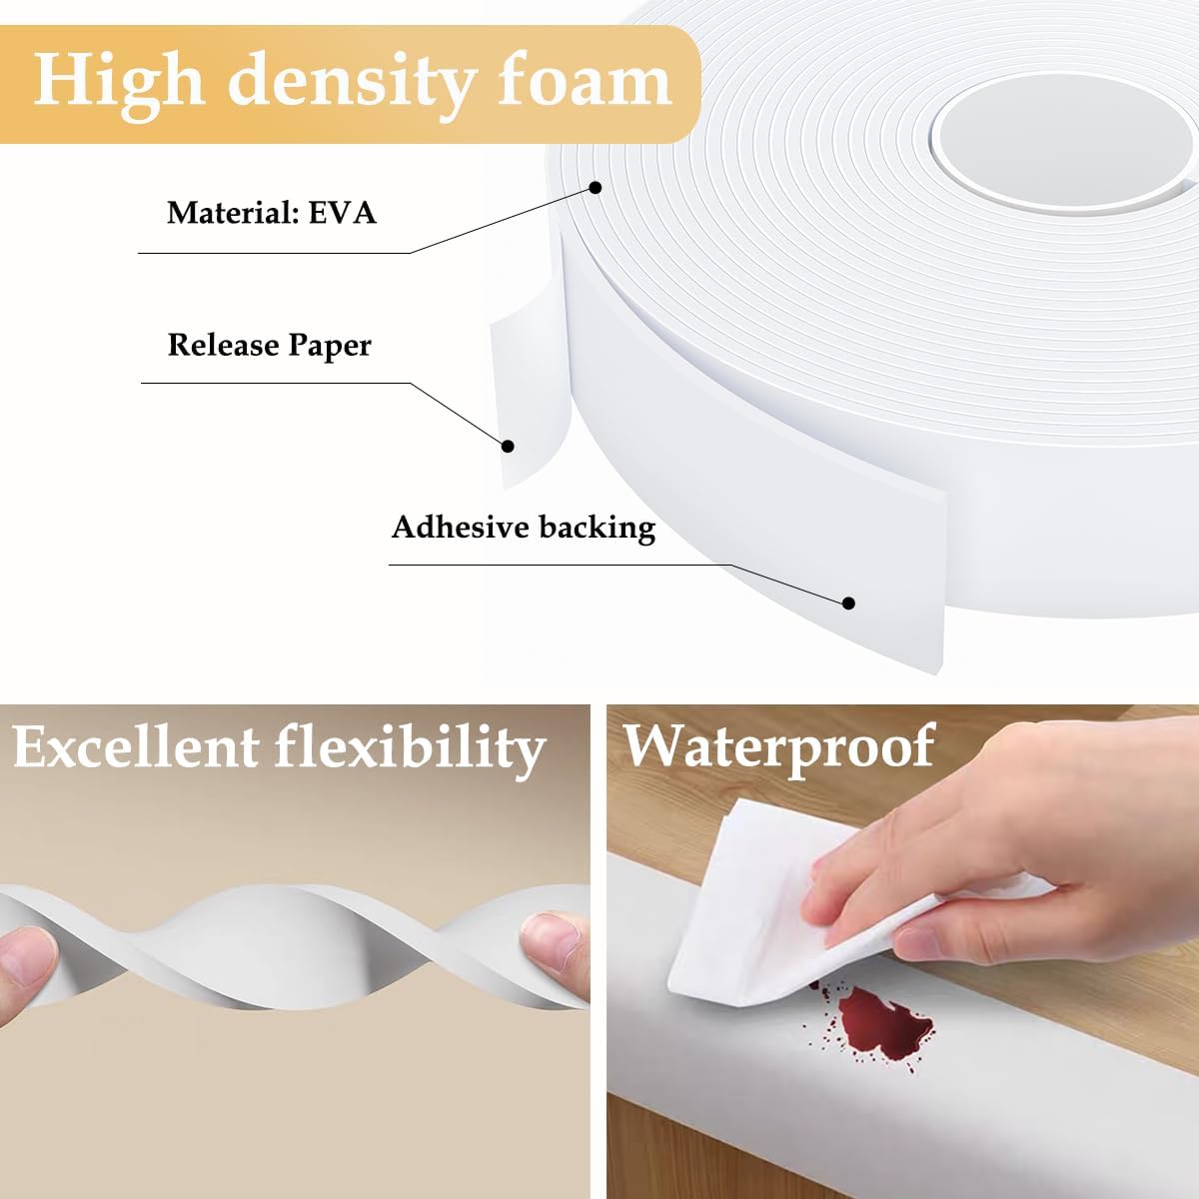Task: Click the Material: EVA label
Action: (271, 213)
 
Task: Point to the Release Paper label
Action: (269, 345)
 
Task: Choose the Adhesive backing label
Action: (523, 527)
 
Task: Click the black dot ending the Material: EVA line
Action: (597, 187)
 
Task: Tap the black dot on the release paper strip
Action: (508, 447)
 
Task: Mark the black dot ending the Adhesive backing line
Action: (848, 602)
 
